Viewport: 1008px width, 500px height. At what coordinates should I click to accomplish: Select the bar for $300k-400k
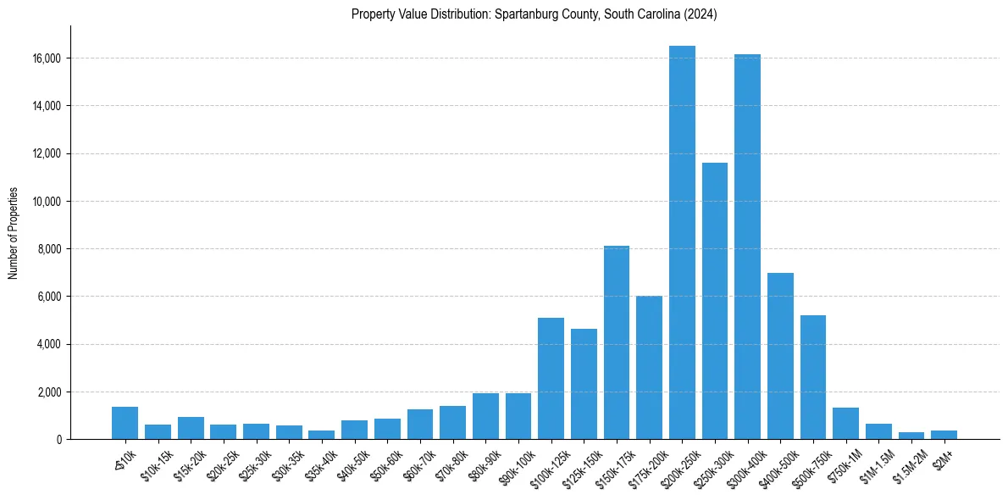click(x=747, y=247)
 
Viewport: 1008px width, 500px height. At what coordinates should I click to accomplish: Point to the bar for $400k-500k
click(x=780, y=356)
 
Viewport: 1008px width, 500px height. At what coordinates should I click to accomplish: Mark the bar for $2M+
click(x=944, y=435)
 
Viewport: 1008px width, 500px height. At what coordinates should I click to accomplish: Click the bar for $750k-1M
click(x=845, y=424)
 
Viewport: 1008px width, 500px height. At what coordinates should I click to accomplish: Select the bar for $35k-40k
click(x=321, y=435)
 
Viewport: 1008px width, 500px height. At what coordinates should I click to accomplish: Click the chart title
click(x=534, y=14)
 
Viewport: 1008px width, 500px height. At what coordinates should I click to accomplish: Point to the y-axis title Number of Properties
click(x=14, y=233)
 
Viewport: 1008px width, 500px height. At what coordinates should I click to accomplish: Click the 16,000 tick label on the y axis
click(x=47, y=58)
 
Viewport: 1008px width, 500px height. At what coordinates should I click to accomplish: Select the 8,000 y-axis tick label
click(x=50, y=249)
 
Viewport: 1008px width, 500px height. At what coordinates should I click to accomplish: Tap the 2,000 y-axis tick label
click(x=50, y=392)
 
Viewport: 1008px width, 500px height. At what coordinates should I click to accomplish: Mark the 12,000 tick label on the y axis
click(x=47, y=153)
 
